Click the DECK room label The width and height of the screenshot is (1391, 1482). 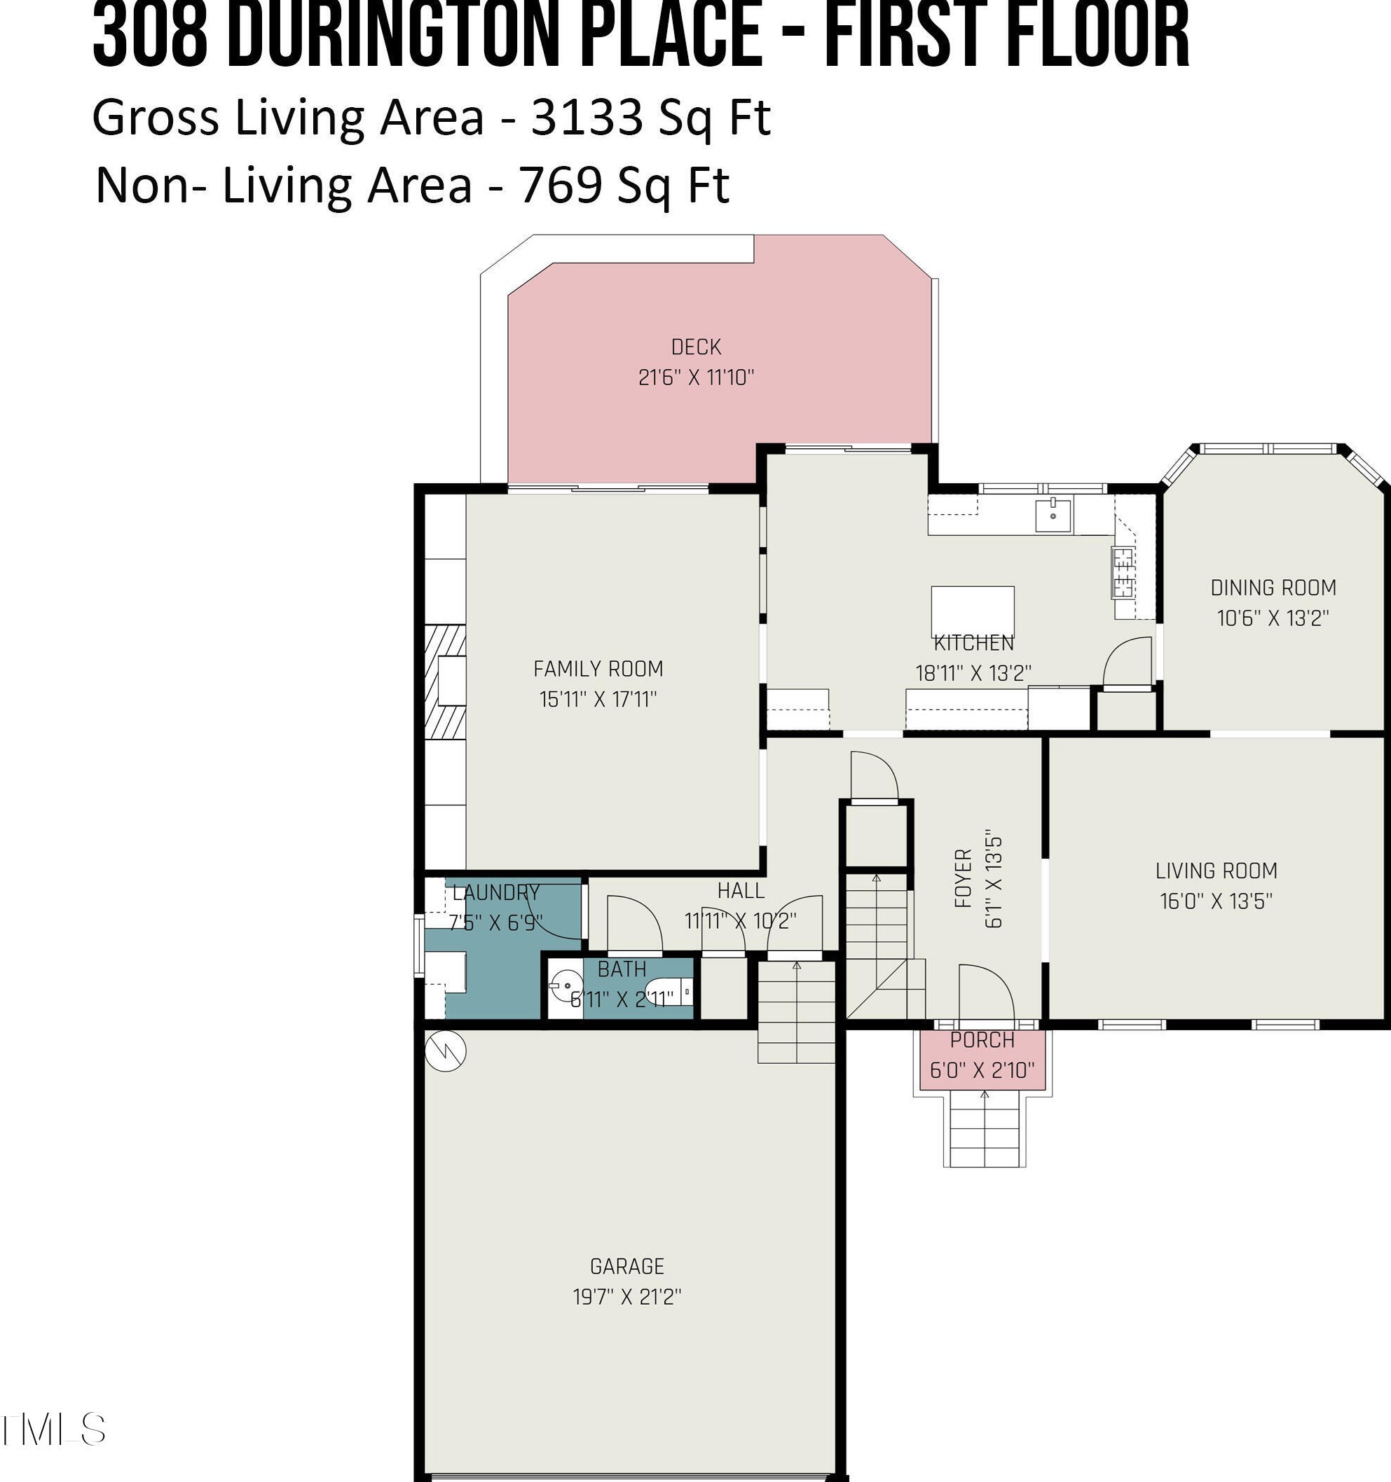tap(696, 347)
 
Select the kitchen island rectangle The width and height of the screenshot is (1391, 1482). tap(973, 611)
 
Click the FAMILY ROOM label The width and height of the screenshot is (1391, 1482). tap(598, 669)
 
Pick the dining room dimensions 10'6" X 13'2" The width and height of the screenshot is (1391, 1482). tap(1273, 618)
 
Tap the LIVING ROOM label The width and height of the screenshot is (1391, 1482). tap(1217, 871)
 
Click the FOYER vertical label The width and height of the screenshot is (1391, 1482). tap(964, 878)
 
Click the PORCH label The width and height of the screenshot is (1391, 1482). tap(982, 1040)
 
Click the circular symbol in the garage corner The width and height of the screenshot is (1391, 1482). tap(445, 1051)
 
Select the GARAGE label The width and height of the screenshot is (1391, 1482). tap(626, 1266)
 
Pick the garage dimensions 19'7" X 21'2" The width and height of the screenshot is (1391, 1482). tap(626, 1297)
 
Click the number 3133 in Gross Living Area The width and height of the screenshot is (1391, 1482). tap(587, 117)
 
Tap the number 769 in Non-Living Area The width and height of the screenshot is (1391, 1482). tap(560, 185)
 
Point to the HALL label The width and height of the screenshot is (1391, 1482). tap(741, 891)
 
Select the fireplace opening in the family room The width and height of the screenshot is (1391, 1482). tap(451, 681)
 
